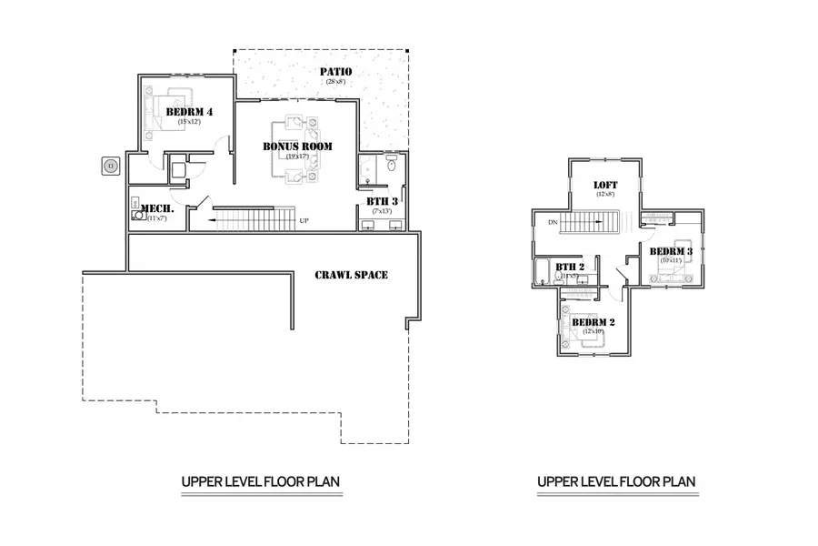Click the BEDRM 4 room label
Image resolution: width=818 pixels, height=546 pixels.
pos(189,112)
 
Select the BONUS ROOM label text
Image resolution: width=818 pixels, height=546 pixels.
pos(297,146)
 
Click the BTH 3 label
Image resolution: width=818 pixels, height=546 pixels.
pos(379,201)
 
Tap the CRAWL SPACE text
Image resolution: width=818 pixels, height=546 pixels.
pos(351,275)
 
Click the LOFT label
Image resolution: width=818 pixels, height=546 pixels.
pos(604,185)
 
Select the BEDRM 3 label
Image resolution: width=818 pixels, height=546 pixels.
pos(671,251)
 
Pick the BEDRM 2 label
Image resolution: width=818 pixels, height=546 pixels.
pos(594,322)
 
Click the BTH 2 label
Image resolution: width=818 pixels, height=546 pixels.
pos(569,267)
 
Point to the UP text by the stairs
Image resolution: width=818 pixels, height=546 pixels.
pos(304,220)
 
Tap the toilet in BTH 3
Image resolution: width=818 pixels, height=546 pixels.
pos(391,165)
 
